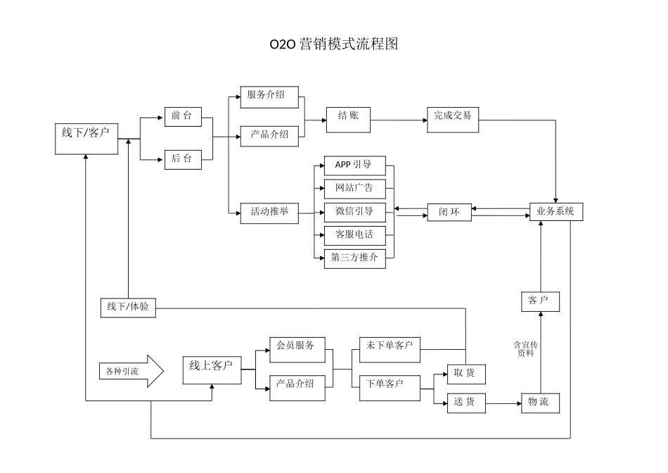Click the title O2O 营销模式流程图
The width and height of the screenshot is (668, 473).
tap(334, 44)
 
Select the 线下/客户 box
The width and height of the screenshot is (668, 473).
tap(86, 139)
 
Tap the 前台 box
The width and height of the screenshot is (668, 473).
tap(183, 116)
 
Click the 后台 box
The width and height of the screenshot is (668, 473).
tap(183, 159)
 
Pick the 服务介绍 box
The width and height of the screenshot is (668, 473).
tap(269, 95)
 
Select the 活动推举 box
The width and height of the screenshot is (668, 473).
tap(269, 212)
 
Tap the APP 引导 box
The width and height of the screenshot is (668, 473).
tap(354, 165)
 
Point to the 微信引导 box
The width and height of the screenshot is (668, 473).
tap(354, 211)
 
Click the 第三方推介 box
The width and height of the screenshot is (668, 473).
tap(354, 258)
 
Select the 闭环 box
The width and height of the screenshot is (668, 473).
tap(449, 212)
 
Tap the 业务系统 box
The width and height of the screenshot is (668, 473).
tap(555, 211)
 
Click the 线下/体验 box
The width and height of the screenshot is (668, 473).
tap(128, 307)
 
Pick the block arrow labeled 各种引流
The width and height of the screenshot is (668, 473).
tap(131, 371)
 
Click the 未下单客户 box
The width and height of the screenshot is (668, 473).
tap(390, 346)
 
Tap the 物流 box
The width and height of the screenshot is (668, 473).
tap(540, 402)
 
